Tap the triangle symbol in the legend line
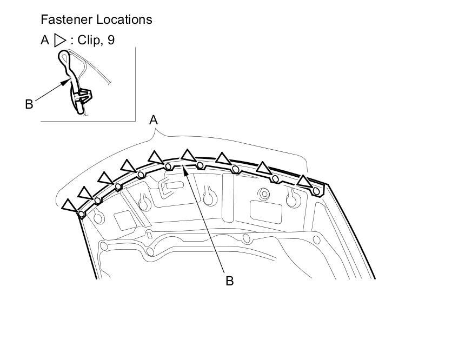(x=59, y=41)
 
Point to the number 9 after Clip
(x=111, y=41)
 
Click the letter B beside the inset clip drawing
(x=29, y=104)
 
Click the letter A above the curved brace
(x=154, y=120)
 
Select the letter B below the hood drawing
(x=229, y=281)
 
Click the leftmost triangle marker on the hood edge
(x=69, y=205)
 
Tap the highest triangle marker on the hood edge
(x=188, y=155)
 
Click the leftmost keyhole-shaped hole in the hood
(x=98, y=217)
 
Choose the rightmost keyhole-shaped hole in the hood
(x=292, y=199)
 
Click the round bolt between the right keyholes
(x=264, y=193)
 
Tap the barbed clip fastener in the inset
(x=82, y=97)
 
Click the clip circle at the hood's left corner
(x=81, y=214)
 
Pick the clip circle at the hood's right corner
(x=316, y=190)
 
